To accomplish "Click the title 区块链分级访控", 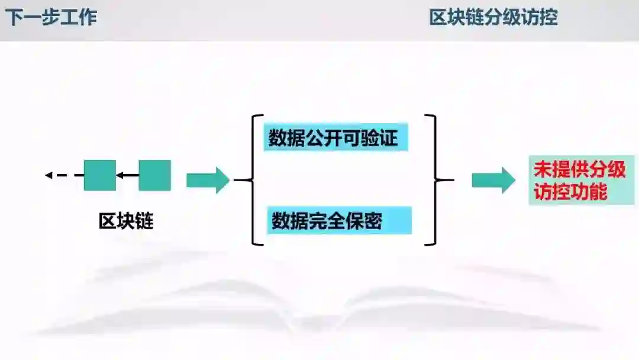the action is tap(493, 18).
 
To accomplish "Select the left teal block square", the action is tap(99, 175).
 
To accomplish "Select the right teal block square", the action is tap(154, 175).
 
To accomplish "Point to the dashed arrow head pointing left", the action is tap(49, 175).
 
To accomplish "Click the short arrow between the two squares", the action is tap(127, 175).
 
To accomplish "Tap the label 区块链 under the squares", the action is tap(126, 221).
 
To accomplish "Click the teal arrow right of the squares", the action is tap(207, 180).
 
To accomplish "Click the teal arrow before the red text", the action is tap(493, 180).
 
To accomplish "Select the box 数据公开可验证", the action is tap(335, 139).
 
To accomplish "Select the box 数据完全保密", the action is tap(338, 221).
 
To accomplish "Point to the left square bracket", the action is tap(253, 180).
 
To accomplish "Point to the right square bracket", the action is tap(436, 180).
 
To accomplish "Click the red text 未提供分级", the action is tap(579, 170).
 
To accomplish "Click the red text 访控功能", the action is tap(570, 192).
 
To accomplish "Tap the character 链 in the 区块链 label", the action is tap(144, 221).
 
